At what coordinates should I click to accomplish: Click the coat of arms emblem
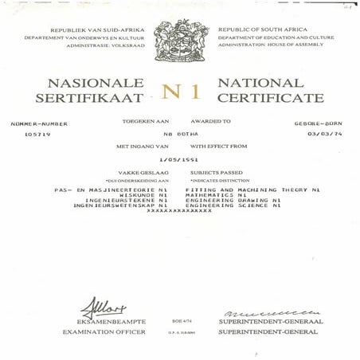click(x=180, y=40)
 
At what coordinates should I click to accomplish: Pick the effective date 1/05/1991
click(x=179, y=160)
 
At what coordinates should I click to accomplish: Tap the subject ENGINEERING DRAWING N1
click(x=235, y=199)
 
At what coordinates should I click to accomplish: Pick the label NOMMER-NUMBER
click(x=39, y=123)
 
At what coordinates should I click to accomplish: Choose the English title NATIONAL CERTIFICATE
click(x=271, y=90)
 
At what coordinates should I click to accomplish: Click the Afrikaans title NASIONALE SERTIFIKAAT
click(x=89, y=90)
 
